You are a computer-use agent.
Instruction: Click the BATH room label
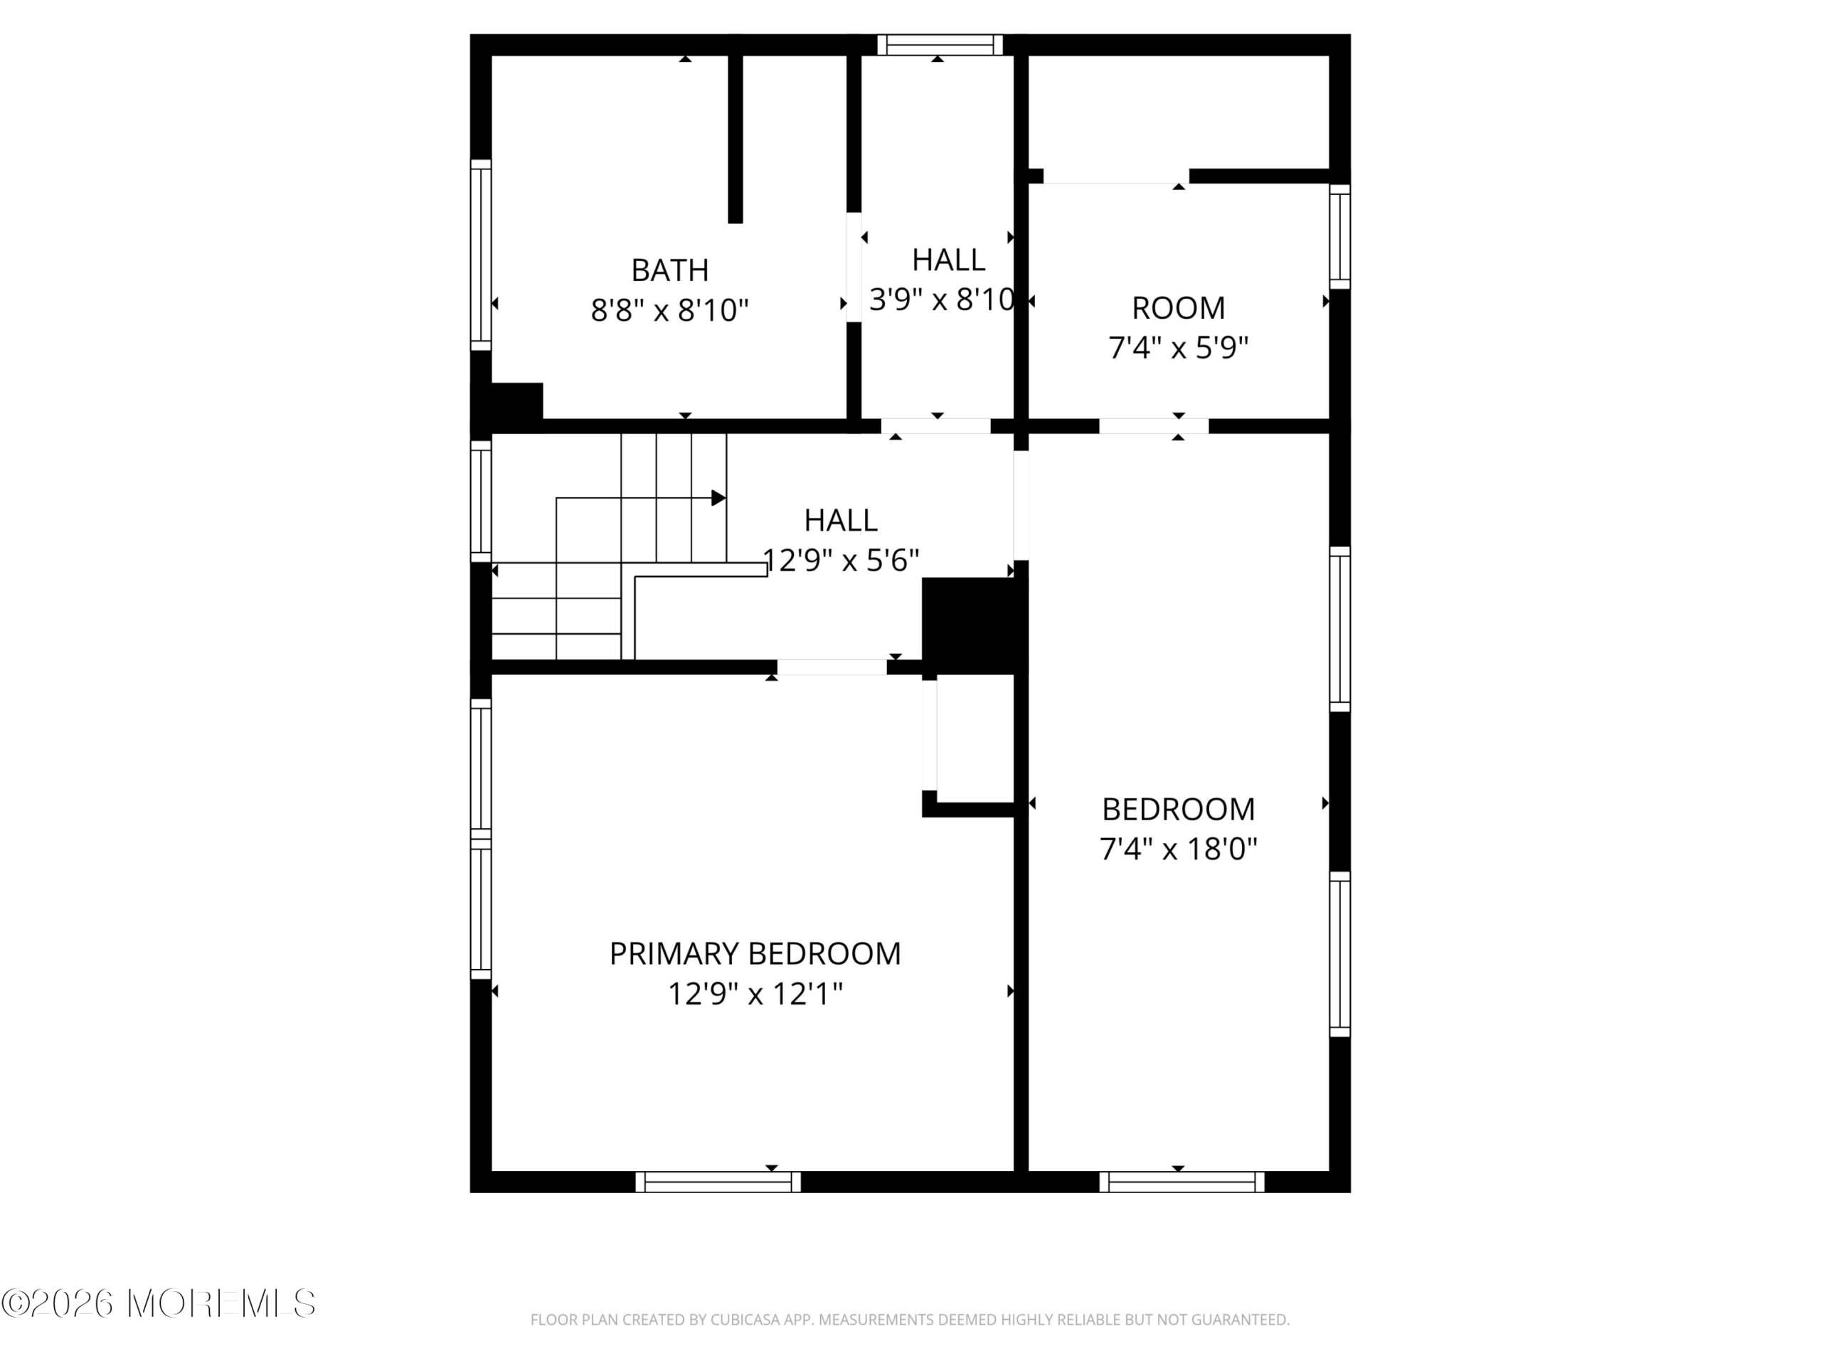(x=669, y=270)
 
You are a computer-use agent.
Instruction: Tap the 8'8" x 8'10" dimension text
(x=669, y=310)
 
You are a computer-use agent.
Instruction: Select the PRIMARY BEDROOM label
(x=755, y=953)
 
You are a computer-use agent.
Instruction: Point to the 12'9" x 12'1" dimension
(x=755, y=994)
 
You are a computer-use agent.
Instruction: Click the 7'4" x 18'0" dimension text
(x=1178, y=848)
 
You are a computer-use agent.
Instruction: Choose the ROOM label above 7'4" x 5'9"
(x=1178, y=308)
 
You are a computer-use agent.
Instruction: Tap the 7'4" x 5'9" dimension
(x=1178, y=347)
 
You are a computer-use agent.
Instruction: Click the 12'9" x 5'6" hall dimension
(x=841, y=560)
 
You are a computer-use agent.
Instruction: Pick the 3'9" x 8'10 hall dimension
(x=942, y=300)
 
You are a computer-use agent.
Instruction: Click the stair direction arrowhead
(x=718, y=498)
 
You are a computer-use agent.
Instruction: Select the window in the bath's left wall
(x=481, y=255)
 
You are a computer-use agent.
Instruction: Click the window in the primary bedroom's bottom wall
(x=718, y=1182)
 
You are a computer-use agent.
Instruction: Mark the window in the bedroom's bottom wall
(x=1182, y=1182)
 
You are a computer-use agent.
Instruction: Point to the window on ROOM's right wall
(x=1340, y=237)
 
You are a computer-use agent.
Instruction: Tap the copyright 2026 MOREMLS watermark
(x=159, y=1303)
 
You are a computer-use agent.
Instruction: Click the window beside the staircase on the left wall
(x=481, y=501)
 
